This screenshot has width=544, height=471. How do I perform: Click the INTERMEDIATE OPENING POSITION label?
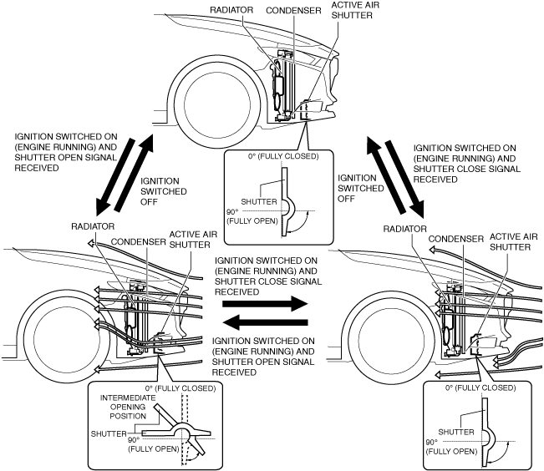[128, 407]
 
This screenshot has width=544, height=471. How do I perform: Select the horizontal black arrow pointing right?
[265, 304]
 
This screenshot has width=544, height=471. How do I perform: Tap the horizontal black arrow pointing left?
[265, 322]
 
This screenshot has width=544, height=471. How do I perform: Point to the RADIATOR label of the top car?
[231, 10]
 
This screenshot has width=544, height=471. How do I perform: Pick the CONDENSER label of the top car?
[293, 11]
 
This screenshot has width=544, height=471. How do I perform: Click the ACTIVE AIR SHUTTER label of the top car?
[355, 10]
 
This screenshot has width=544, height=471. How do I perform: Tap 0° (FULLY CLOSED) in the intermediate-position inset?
[180, 388]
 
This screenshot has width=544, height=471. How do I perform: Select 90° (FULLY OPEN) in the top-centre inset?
[252, 216]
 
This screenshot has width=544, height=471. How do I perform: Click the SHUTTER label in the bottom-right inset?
[456, 432]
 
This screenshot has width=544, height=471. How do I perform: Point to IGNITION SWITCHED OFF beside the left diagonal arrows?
[164, 191]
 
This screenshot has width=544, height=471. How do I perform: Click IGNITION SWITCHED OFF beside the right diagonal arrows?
[361, 189]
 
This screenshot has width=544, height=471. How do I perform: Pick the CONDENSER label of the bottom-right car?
[456, 239]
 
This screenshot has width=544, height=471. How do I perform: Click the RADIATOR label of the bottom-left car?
[93, 226]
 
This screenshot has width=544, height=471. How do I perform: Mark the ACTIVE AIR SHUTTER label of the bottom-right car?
[513, 241]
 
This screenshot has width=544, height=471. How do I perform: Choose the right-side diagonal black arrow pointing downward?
[405, 179]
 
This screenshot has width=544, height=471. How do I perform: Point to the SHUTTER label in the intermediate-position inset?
[109, 433]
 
